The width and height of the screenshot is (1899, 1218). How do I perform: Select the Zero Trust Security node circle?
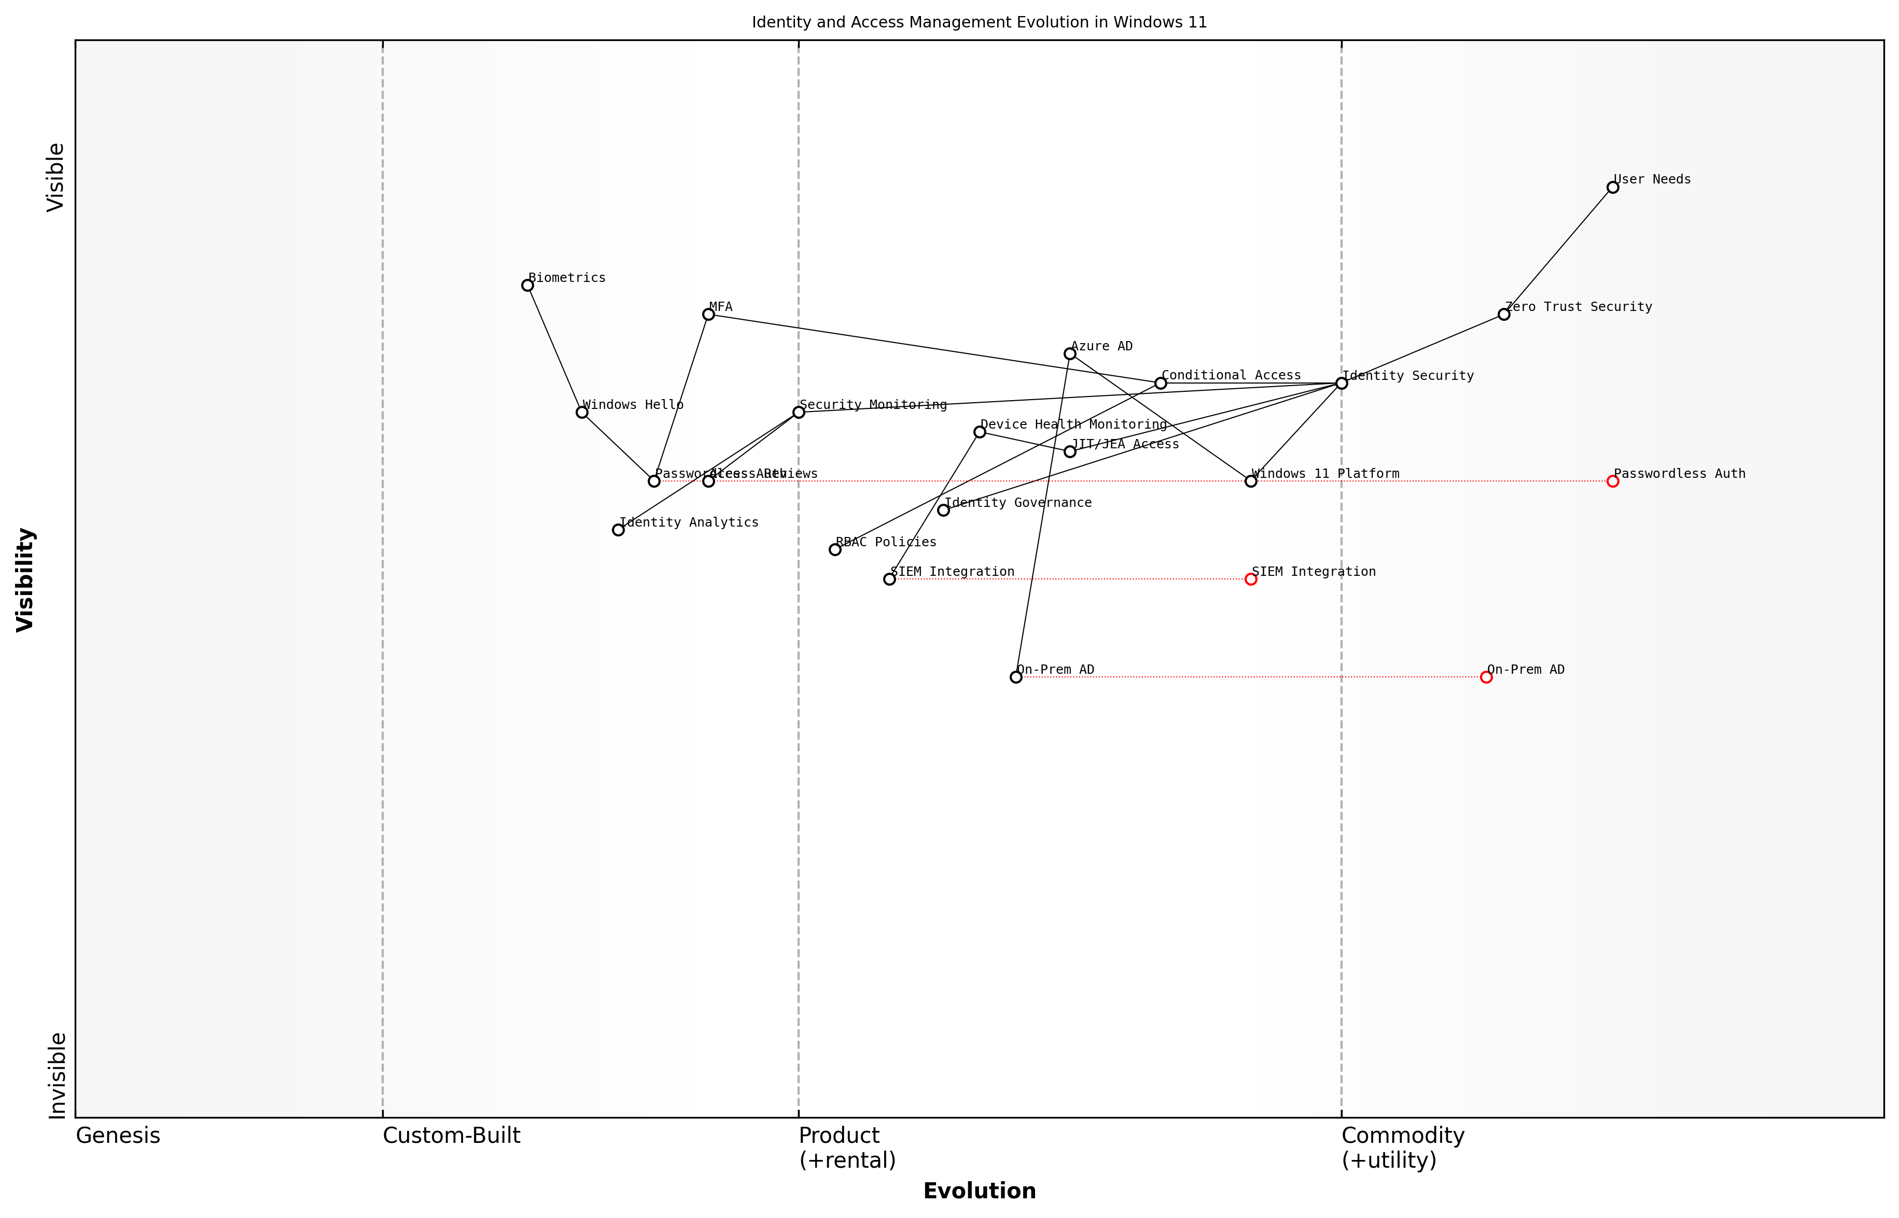click(1503, 314)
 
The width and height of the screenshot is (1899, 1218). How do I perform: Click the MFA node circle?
click(708, 314)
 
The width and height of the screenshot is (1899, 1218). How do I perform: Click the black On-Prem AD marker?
click(1016, 677)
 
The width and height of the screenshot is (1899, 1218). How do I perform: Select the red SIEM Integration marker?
click(1251, 579)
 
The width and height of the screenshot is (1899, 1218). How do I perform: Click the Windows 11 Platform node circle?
click(1251, 481)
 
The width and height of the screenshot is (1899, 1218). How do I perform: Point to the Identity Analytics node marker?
click(618, 530)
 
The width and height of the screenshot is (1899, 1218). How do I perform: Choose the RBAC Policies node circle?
click(835, 550)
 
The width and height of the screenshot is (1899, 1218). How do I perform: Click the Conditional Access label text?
click(1231, 375)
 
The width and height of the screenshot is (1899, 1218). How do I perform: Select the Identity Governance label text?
click(1017, 502)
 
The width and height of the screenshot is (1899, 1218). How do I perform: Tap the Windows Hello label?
click(633, 404)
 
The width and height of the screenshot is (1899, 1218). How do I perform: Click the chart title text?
click(979, 22)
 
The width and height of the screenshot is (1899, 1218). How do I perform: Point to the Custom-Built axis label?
click(451, 1136)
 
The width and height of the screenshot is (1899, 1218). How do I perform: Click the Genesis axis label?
click(118, 1136)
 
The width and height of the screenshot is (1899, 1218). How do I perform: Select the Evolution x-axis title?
click(979, 1191)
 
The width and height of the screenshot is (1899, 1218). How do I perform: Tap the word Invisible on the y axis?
click(57, 1075)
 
